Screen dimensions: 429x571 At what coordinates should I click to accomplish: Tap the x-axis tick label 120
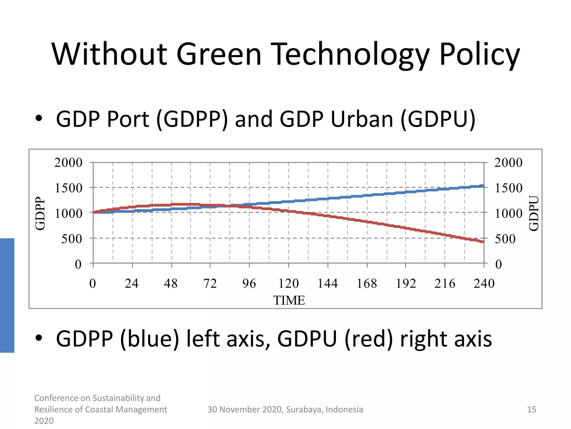click(x=289, y=283)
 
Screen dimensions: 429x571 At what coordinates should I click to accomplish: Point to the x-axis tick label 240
click(x=484, y=283)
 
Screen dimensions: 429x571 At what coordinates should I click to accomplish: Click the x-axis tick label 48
click(x=171, y=283)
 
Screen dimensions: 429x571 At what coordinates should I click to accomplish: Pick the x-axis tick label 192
click(x=406, y=283)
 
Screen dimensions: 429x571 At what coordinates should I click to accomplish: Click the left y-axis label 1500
click(x=69, y=188)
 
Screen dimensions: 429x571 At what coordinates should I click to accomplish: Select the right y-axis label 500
click(x=505, y=239)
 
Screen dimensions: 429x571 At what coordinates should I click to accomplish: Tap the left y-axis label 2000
click(x=68, y=163)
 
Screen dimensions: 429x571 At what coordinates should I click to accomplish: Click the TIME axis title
click(x=289, y=301)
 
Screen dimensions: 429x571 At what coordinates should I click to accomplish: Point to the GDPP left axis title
click(x=40, y=213)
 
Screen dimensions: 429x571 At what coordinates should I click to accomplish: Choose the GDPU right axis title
click(x=534, y=213)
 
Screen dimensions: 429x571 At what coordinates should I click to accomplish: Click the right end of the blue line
click(x=483, y=186)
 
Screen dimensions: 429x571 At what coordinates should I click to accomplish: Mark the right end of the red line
click(x=483, y=242)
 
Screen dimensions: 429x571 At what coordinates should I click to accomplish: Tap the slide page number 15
click(x=532, y=409)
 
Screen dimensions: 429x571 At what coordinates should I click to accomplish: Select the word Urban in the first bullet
click(x=362, y=119)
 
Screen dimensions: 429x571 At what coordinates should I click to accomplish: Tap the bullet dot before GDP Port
click(x=39, y=118)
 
